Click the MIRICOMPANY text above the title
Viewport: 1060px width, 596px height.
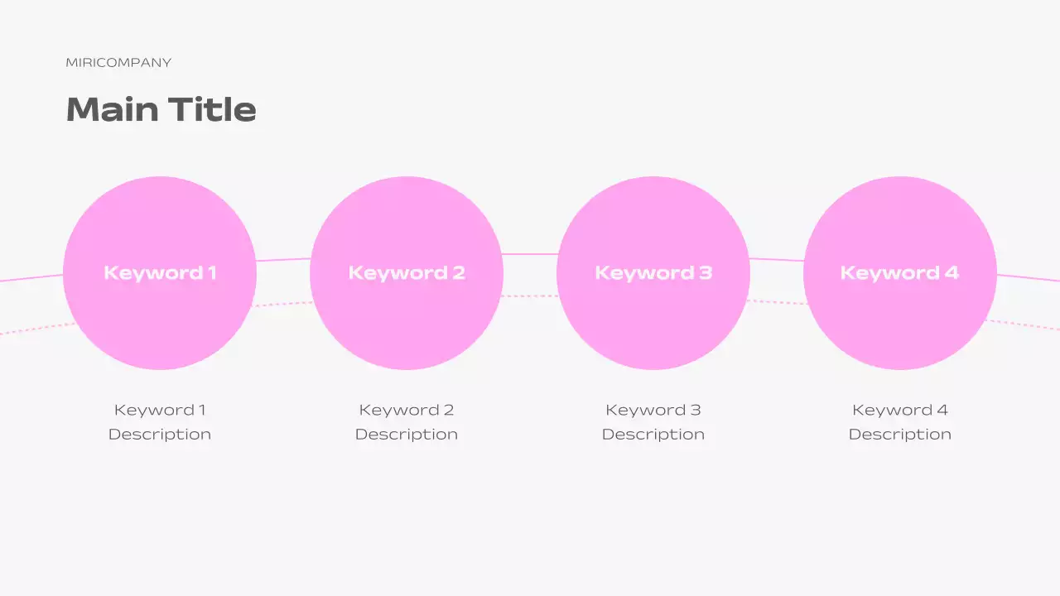(118, 63)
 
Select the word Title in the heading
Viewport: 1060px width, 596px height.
(212, 109)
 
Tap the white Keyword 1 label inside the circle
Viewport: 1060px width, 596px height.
(160, 272)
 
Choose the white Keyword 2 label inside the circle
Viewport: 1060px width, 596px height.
(407, 272)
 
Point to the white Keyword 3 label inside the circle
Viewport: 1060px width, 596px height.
(653, 272)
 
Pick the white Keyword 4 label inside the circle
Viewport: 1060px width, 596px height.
(899, 272)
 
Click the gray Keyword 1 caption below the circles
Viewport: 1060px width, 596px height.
(160, 410)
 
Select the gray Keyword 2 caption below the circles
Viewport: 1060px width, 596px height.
(407, 410)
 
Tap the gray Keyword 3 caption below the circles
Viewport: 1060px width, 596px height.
(653, 410)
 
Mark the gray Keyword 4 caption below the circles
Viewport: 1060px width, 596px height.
(899, 410)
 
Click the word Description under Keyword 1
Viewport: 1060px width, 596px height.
(160, 435)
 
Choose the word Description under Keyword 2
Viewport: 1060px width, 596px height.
(407, 435)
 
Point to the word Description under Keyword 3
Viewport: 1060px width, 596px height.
(653, 435)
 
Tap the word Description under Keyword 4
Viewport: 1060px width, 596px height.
(899, 435)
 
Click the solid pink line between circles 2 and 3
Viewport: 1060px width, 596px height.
(530, 254)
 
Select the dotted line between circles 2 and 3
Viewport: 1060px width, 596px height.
(530, 296)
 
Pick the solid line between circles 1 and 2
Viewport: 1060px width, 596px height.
(283, 260)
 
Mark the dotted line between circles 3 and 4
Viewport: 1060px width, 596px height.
(777, 302)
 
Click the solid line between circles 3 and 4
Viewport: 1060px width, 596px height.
(777, 260)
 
